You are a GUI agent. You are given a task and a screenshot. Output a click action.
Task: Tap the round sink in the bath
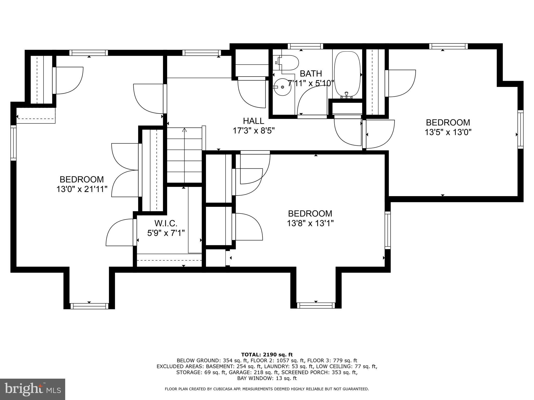coord(282,87)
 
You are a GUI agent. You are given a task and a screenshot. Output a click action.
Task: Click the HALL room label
coord(253,121)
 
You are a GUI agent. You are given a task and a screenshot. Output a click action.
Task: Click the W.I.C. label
coord(166,223)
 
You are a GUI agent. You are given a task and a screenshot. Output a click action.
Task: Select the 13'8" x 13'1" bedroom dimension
coord(310,223)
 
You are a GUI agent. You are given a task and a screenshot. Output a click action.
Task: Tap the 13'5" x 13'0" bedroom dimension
coord(448,132)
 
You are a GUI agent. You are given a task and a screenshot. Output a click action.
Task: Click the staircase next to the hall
coord(184,156)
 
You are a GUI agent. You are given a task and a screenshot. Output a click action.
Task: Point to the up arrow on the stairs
coord(185,130)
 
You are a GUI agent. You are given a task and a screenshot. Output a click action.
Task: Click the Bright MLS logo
coord(32,389)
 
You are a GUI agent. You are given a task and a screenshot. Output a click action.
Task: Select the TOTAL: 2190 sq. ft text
coord(267,354)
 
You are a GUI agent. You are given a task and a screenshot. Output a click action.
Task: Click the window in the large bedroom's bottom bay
coord(89,306)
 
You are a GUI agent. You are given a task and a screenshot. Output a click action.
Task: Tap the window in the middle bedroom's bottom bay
coord(316,305)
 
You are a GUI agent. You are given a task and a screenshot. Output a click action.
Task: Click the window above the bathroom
coord(305,46)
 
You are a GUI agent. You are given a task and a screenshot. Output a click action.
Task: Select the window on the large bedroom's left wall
coord(13,142)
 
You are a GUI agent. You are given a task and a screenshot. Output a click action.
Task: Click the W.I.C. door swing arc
coord(119,232)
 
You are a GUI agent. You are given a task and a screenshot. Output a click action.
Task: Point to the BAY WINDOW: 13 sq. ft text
coord(267,378)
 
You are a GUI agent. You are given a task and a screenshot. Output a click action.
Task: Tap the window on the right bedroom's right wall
coord(520,129)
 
